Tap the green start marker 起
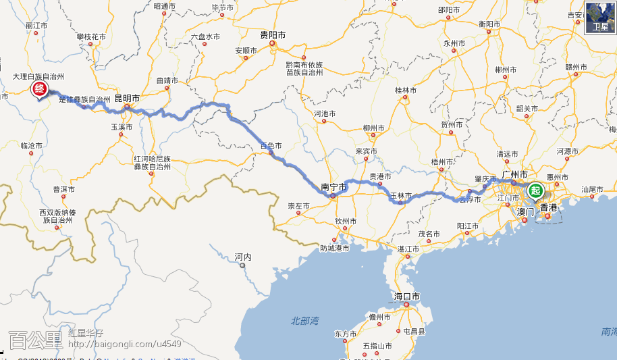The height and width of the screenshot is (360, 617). tap(536, 190)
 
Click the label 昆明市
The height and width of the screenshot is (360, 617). tap(127, 99)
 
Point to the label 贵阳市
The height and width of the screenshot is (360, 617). tap(273, 34)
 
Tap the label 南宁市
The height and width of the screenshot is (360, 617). tap(333, 186)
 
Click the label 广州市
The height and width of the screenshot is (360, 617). tap(514, 175)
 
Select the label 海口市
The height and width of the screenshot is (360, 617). tap(407, 297)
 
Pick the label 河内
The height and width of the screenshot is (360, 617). tap(243, 257)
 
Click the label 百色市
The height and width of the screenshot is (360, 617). tap(271, 145)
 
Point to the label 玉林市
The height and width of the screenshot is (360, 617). tap(401, 196)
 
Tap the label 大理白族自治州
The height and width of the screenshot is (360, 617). tap(38, 77)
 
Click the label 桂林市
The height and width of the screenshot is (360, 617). tap(406, 91)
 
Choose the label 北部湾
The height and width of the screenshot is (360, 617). tap(304, 320)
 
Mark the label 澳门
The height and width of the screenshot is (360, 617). tap(525, 211)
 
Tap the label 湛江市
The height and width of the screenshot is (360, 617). tap(408, 249)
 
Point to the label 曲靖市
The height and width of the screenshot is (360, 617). tap(167, 80)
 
